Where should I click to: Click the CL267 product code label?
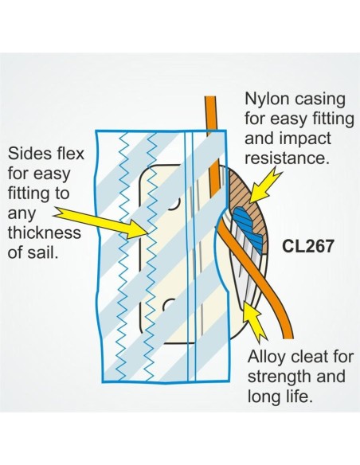[x=307, y=246]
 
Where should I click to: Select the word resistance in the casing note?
[x=287, y=158]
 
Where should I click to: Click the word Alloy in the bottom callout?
[x=268, y=358]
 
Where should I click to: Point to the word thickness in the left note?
[x=44, y=232]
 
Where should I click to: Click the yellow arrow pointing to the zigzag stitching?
[x=101, y=221]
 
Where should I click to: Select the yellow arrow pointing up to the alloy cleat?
[x=254, y=319]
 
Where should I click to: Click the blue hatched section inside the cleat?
[x=248, y=228]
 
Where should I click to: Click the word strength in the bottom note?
[x=277, y=377]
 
